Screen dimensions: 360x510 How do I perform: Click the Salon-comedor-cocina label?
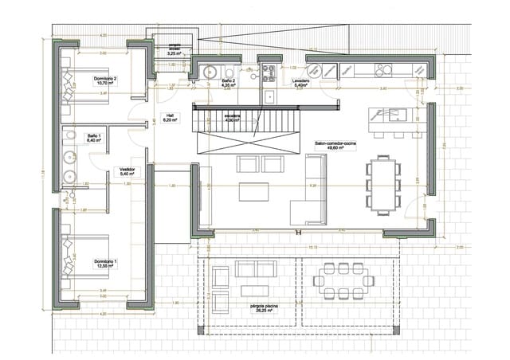click(x=336, y=144)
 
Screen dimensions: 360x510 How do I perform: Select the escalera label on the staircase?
click(x=232, y=119)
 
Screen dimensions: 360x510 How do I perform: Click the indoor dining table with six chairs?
click(x=384, y=183)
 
